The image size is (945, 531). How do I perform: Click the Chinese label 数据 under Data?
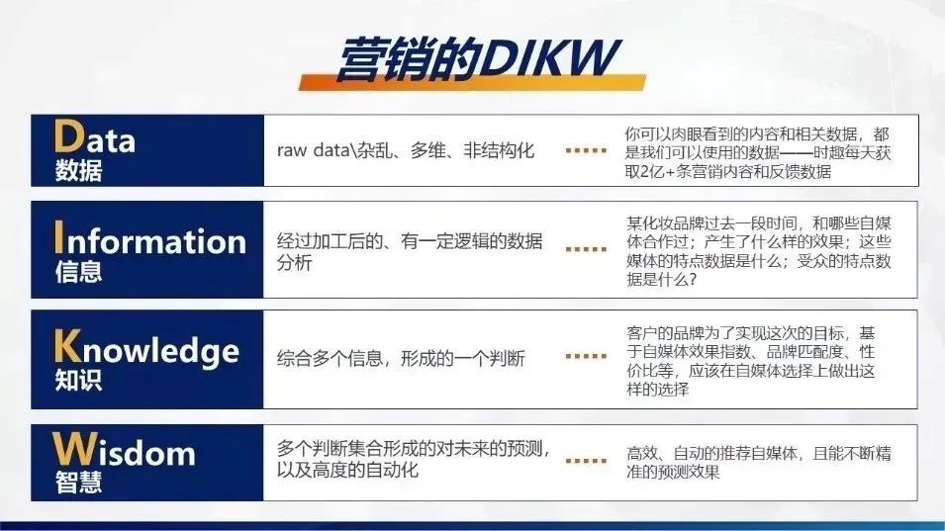pos(79,171)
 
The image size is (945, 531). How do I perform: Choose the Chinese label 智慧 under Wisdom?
pos(79,484)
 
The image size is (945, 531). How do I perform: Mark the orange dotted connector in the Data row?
pos(585,150)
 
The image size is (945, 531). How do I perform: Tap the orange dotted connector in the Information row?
pos(585,250)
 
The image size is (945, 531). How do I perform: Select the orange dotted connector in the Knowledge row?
pos(585,356)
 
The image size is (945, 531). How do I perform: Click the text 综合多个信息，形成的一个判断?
pos(401,358)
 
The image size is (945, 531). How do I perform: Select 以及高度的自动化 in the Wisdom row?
pos(347,471)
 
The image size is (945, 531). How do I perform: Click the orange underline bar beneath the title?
pos(473,84)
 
